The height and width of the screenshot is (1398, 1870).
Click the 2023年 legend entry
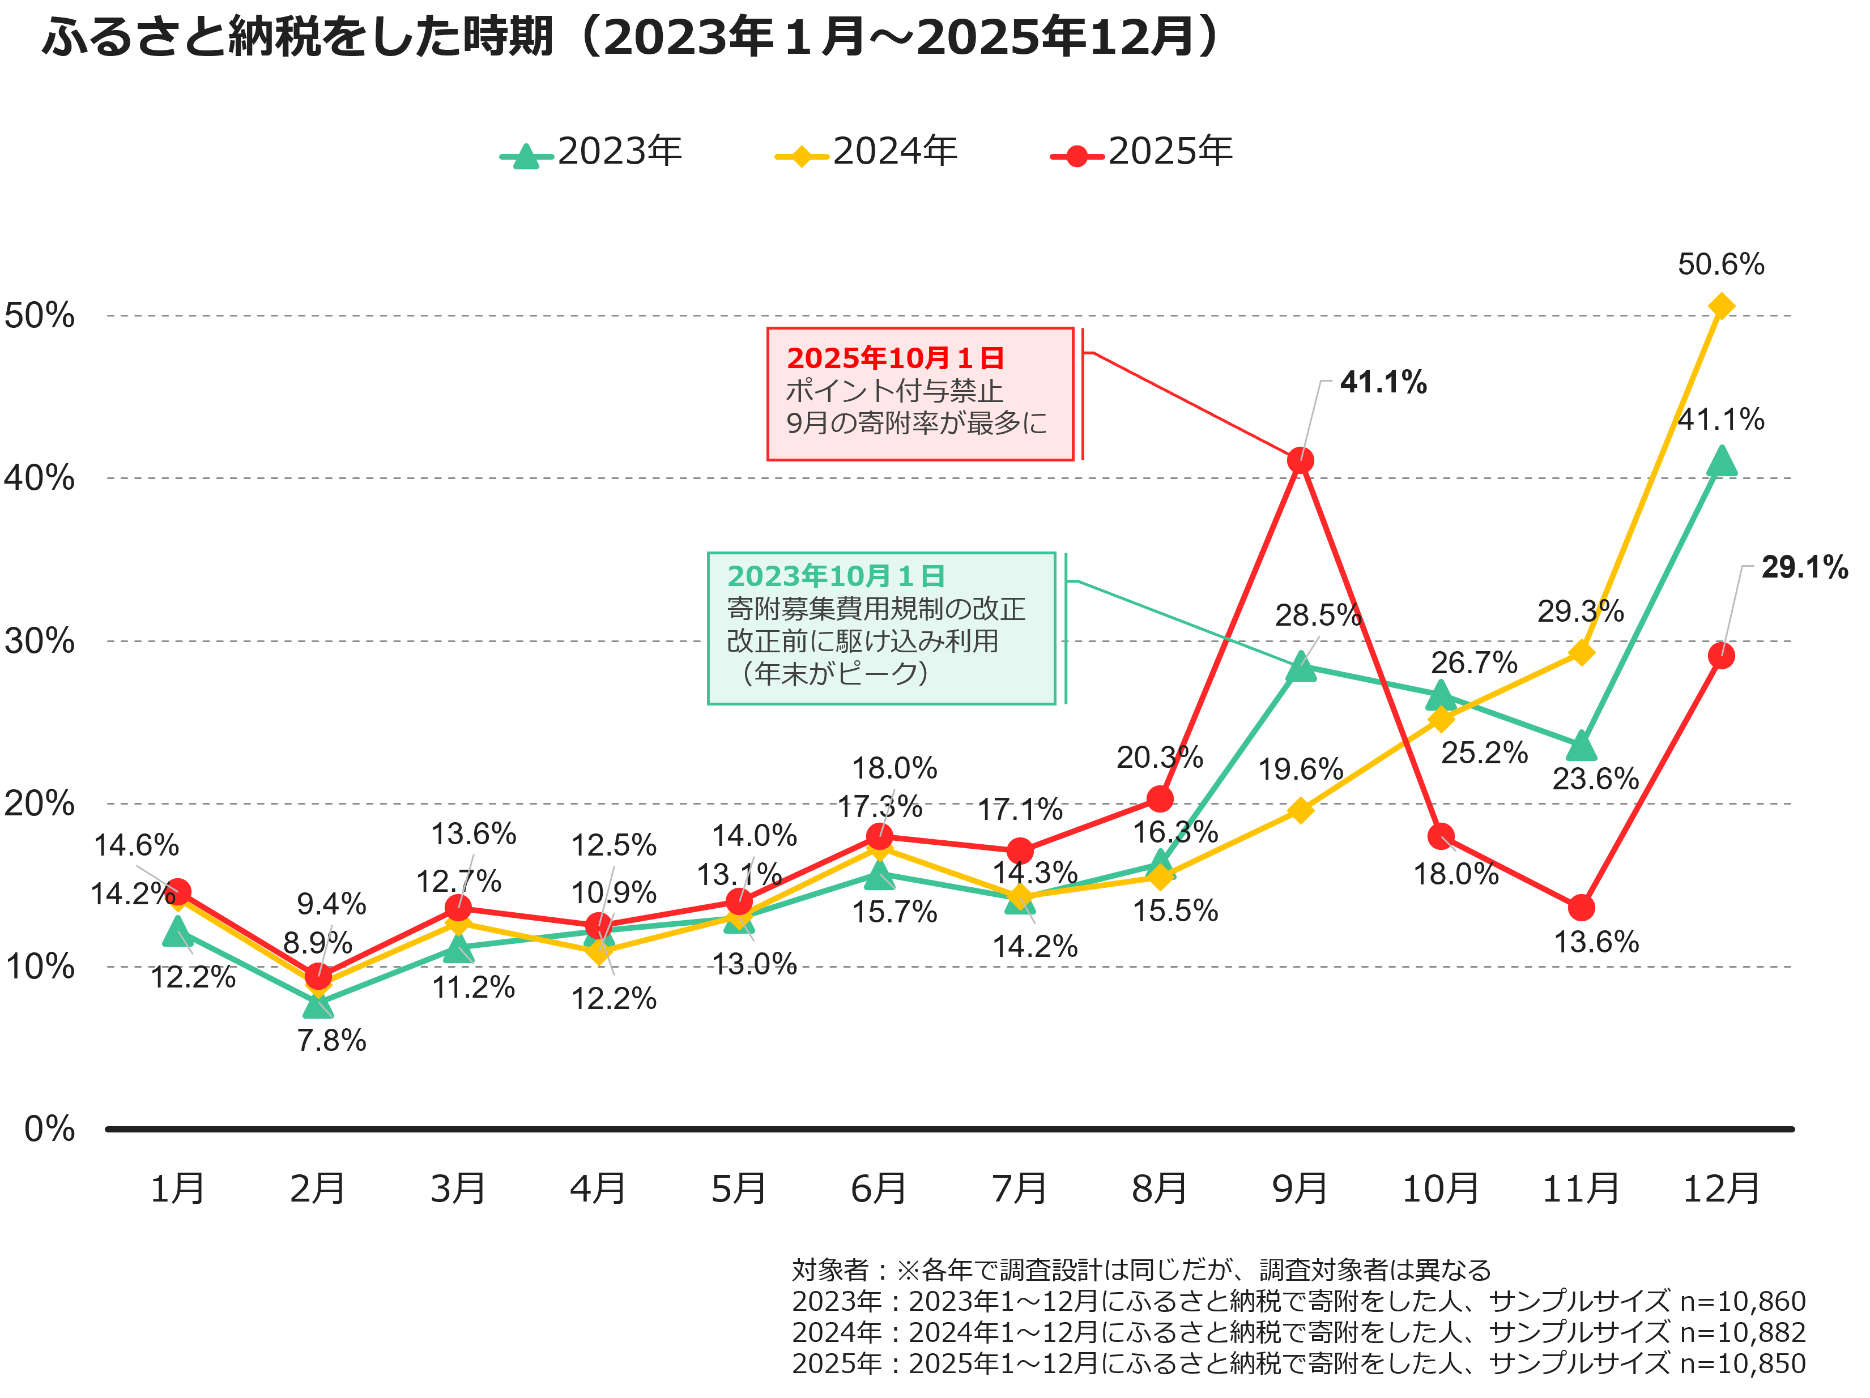click(x=592, y=152)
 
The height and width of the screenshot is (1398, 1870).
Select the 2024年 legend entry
click(x=867, y=152)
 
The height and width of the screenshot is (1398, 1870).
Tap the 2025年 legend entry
click(x=1142, y=152)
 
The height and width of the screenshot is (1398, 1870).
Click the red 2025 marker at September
click(x=1300, y=461)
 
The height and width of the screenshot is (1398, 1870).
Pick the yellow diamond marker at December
click(x=1721, y=306)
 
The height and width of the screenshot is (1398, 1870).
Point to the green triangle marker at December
click(x=1721, y=463)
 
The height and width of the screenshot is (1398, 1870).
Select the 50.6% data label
click(x=1720, y=264)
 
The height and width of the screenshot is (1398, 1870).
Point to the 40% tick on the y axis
click(x=39, y=478)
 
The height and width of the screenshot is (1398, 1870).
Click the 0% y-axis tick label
click(x=49, y=1129)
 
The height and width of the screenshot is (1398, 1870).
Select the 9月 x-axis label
click(x=1300, y=1189)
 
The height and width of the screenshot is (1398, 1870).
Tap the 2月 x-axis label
click(x=317, y=1189)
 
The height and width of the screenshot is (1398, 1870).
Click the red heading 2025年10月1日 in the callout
click(x=895, y=358)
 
